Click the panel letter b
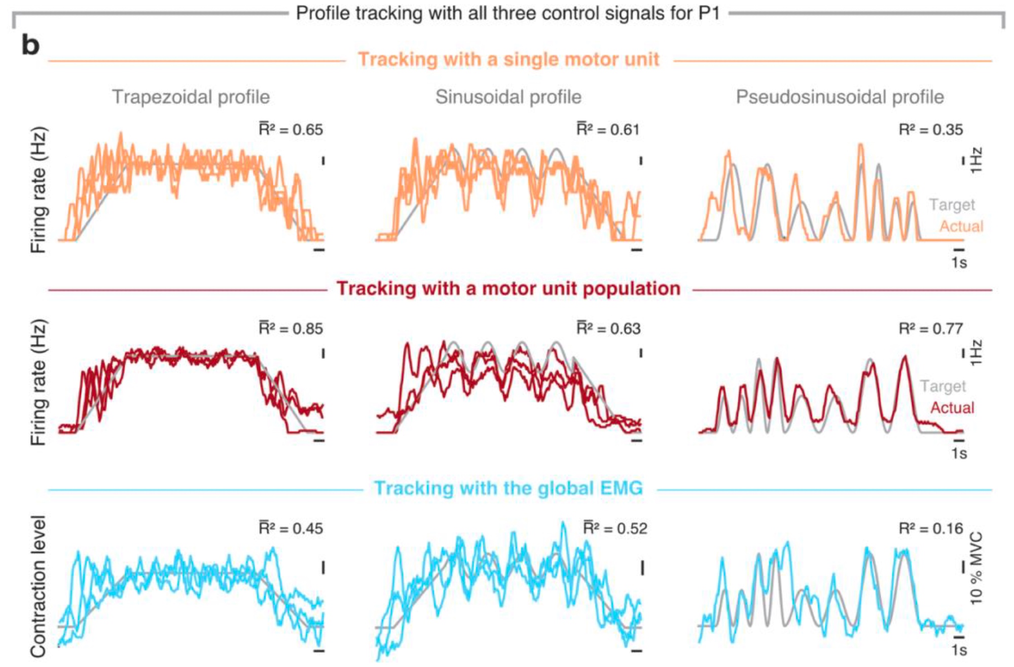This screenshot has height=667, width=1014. pyautogui.click(x=30, y=45)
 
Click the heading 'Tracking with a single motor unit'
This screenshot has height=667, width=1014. pyautogui.click(x=508, y=60)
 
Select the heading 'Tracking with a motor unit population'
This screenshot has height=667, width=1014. pyautogui.click(x=508, y=288)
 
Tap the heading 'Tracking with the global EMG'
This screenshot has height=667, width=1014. pyautogui.click(x=508, y=488)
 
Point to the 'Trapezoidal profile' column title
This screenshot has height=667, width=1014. pyautogui.click(x=191, y=97)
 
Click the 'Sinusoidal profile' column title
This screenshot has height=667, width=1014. pyautogui.click(x=508, y=97)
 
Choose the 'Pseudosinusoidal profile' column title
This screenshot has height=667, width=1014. pyautogui.click(x=840, y=97)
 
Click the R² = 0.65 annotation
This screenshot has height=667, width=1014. pyautogui.click(x=291, y=130)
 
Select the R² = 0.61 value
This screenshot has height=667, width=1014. pyautogui.click(x=608, y=130)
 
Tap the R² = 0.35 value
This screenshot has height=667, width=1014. pyautogui.click(x=930, y=130)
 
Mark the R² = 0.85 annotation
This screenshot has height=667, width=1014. pyautogui.click(x=291, y=328)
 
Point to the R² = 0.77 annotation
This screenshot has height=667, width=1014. pyautogui.click(x=930, y=328)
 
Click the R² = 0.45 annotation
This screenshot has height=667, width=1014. pyautogui.click(x=291, y=528)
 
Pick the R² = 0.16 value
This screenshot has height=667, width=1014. pyautogui.click(x=930, y=528)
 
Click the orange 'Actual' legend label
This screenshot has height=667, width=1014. pyautogui.click(x=961, y=226)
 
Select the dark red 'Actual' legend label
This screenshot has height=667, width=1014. pyautogui.click(x=952, y=407)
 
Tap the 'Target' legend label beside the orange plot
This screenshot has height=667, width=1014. pyautogui.click(x=952, y=205)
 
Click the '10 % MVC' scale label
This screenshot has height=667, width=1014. pyautogui.click(x=976, y=568)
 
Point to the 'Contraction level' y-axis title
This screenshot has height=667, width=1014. pyautogui.click(x=39, y=586)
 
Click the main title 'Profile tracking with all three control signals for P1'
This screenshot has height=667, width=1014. pyautogui.click(x=508, y=13)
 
